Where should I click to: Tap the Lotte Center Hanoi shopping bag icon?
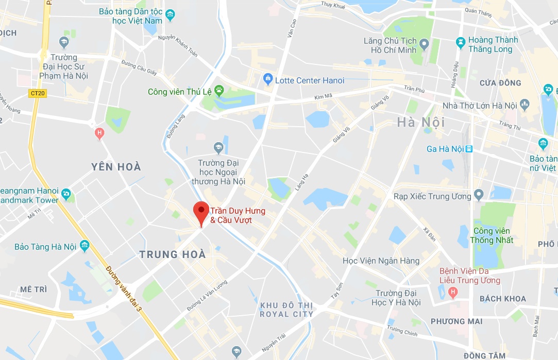267,79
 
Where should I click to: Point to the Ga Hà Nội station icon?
469,149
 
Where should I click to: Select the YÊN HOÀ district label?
116,167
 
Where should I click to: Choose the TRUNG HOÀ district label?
173,254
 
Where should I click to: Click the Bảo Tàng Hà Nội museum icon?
84,246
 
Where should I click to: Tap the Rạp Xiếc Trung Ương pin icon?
479,196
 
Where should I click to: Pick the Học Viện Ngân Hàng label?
381,261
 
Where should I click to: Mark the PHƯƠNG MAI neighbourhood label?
456,321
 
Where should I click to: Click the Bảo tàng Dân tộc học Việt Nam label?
130,16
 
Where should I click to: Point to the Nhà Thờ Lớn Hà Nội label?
480,106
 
